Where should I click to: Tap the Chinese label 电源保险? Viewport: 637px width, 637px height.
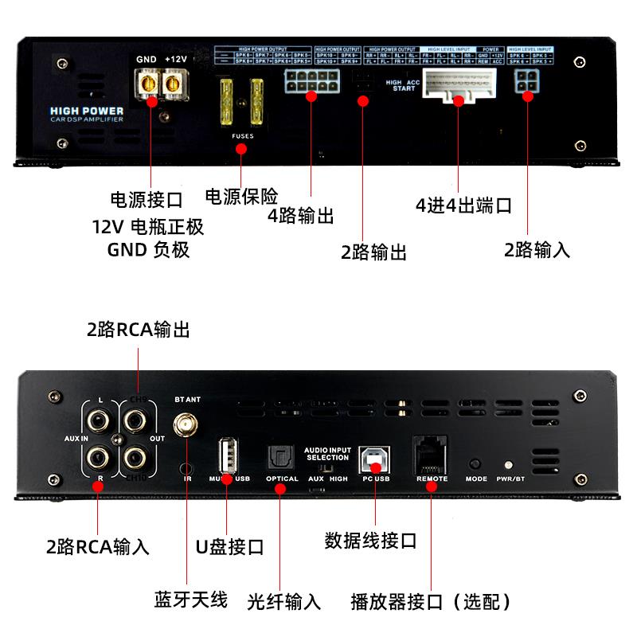click(x=241, y=196)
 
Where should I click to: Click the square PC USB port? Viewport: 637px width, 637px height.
click(x=373, y=457)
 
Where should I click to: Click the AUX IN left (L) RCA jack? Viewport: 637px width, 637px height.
click(x=99, y=419)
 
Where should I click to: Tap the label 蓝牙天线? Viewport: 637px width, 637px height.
click(x=190, y=599)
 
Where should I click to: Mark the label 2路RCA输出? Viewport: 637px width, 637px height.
click(x=139, y=329)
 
